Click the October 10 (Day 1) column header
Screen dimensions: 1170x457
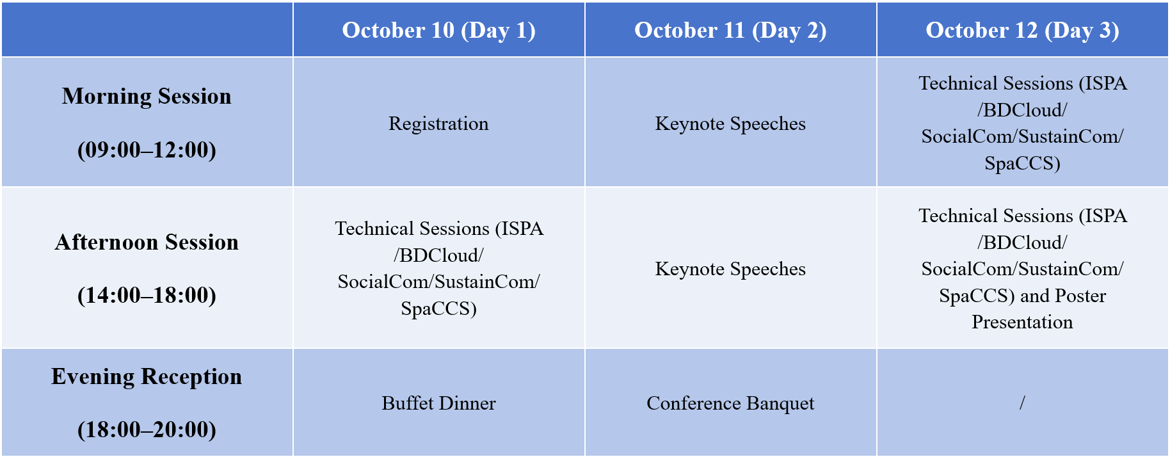point(438,30)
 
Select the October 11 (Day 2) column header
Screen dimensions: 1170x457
point(730,30)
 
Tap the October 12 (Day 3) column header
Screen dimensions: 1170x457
point(1022,30)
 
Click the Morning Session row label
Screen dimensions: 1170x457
point(147,96)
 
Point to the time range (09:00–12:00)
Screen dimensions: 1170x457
point(147,150)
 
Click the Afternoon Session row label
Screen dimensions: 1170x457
point(147,242)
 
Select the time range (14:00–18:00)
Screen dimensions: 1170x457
point(147,295)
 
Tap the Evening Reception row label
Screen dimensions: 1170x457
point(147,377)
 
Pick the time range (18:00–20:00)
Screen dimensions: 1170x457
point(147,429)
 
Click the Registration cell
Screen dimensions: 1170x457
point(438,124)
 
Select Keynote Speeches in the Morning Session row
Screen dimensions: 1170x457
point(730,124)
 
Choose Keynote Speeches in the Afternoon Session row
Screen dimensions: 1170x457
point(730,269)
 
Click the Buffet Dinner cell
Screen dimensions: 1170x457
point(438,403)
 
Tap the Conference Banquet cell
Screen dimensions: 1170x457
point(730,403)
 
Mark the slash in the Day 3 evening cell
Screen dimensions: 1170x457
point(1022,403)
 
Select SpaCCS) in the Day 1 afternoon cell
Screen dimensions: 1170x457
point(438,309)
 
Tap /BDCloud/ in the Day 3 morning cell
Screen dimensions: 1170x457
point(1022,110)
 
